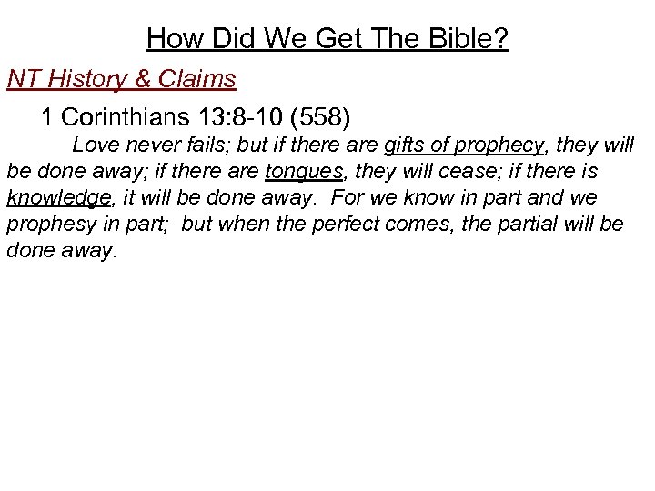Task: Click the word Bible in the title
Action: pos(465,39)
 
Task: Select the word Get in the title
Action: pos(336,39)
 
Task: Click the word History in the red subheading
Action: pos(92,79)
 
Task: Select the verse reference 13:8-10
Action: pos(239,118)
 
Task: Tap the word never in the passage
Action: pos(149,145)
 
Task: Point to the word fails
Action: pos(203,145)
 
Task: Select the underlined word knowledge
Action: pos(57,197)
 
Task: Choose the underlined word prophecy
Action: pos(499,145)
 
